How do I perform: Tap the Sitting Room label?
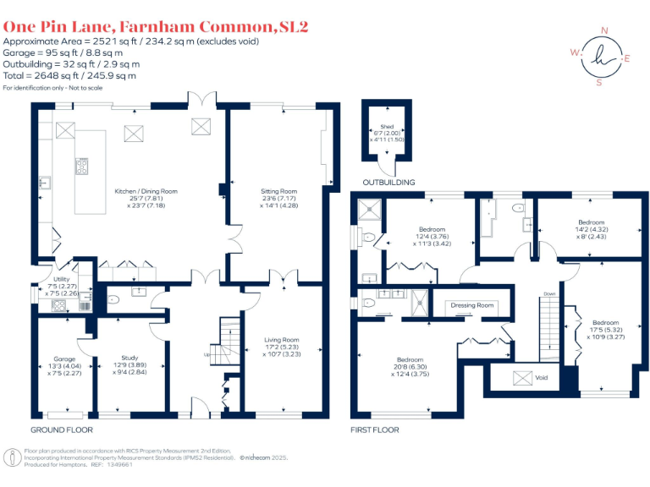pos(278,192)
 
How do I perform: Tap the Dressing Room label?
pos(471,305)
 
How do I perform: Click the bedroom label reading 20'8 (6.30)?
pos(410,359)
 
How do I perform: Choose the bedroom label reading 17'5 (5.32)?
pos(605,323)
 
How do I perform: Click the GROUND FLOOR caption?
pos(61,430)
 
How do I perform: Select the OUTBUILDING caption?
pos(388,182)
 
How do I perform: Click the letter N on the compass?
pos(604,31)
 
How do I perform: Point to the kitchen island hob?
pos(83,167)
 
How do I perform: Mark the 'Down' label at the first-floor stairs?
pos(549,294)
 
